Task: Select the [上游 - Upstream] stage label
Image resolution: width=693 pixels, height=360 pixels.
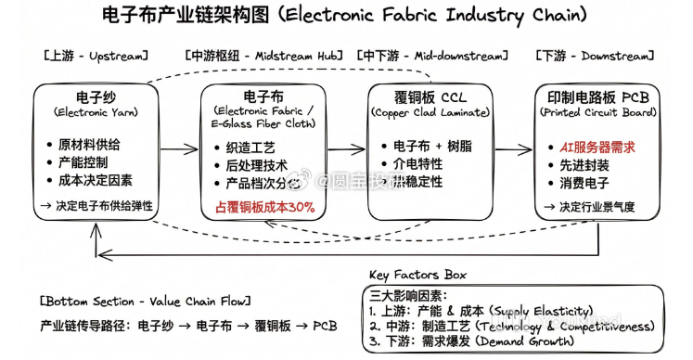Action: click(95, 57)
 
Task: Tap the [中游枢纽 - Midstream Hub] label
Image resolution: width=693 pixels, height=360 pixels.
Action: click(262, 57)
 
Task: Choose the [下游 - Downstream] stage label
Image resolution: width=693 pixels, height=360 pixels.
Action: click(595, 57)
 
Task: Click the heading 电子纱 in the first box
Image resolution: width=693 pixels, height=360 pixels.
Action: click(95, 96)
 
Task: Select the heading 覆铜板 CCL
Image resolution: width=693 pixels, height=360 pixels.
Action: click(429, 96)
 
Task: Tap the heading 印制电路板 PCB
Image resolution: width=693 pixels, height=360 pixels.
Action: click(595, 96)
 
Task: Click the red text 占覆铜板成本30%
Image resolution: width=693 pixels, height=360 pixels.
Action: click(264, 207)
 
